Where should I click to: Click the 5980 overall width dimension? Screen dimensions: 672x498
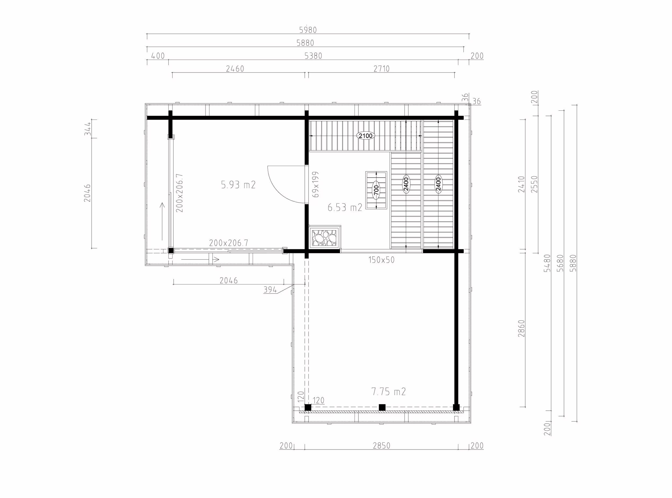[308, 30]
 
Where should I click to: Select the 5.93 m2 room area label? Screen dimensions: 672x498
[238, 185]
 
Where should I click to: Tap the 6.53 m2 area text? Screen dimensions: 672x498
[345, 207]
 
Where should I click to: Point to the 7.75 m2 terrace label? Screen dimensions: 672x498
[388, 392]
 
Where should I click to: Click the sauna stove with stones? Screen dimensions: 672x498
[324, 237]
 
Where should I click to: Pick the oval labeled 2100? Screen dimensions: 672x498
[366, 136]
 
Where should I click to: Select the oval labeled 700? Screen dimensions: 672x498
[376, 190]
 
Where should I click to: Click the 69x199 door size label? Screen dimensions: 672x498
[316, 184]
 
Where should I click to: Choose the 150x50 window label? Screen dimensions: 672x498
[381, 260]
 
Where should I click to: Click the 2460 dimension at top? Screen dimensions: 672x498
[235, 69]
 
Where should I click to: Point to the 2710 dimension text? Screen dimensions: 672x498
[381, 69]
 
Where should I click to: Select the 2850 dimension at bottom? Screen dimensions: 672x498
[381, 446]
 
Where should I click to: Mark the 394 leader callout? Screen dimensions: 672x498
[270, 290]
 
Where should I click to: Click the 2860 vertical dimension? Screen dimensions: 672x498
[521, 328]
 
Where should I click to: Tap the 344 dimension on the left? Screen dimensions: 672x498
[87, 129]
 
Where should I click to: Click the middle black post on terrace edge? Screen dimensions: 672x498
[382, 407]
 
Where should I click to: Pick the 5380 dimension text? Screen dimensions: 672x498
[313, 56]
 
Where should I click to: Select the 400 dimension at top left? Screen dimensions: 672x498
[158, 56]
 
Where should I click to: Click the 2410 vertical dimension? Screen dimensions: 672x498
[521, 184]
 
